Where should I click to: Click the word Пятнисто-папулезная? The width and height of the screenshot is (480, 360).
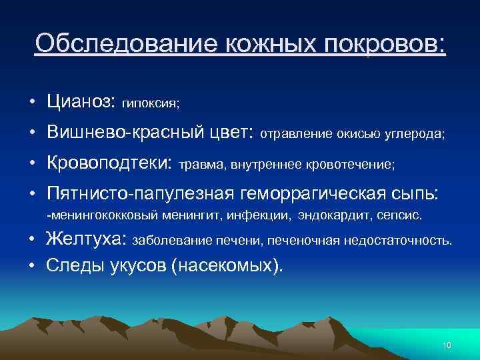pyautogui.click(x=137, y=193)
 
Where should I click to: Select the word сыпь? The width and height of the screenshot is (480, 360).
pyautogui.click(x=417, y=193)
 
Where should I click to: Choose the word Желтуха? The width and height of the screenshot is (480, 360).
pyautogui.click(x=87, y=239)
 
